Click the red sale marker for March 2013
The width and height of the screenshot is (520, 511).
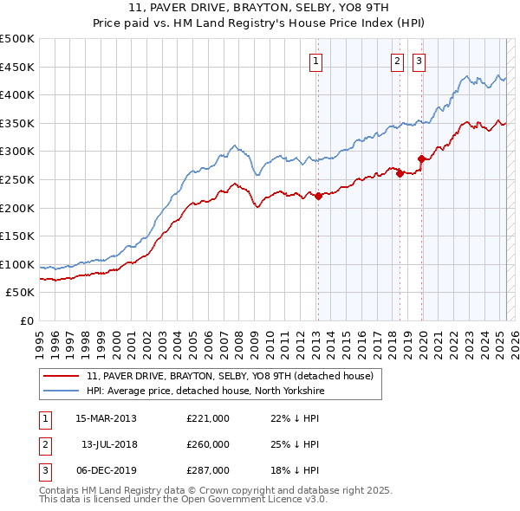(x=318, y=196)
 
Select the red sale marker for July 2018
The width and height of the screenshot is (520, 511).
(x=400, y=173)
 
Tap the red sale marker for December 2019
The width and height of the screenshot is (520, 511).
(x=421, y=158)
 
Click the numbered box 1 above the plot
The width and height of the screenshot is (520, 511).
(x=316, y=61)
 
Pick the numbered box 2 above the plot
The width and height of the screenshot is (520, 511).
(x=397, y=61)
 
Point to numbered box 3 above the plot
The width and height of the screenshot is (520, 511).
(x=419, y=61)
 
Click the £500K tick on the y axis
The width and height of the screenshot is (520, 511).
(x=17, y=39)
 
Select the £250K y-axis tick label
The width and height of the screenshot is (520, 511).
(x=17, y=179)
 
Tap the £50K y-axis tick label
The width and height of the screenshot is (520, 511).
(x=21, y=293)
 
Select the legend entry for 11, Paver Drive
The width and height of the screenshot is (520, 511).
(x=230, y=376)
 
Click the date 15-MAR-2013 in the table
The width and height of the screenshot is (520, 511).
(x=107, y=418)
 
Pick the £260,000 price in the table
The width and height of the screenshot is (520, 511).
(x=208, y=444)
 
